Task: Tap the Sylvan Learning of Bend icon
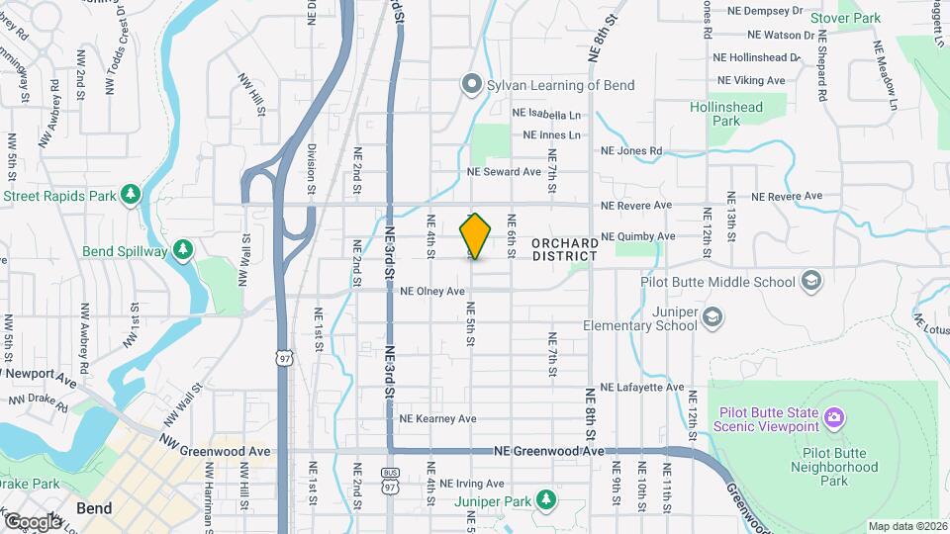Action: point(471,85)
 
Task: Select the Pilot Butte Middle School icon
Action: point(812,283)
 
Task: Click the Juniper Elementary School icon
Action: point(712,317)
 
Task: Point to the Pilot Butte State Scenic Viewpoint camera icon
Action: point(835,418)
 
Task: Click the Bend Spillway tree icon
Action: point(182,251)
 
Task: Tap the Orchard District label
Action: point(564,249)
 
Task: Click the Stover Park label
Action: point(845,18)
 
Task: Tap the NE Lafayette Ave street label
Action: point(641,387)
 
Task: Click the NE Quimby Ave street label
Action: point(638,236)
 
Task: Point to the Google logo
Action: point(32,521)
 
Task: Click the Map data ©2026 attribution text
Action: point(906,526)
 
